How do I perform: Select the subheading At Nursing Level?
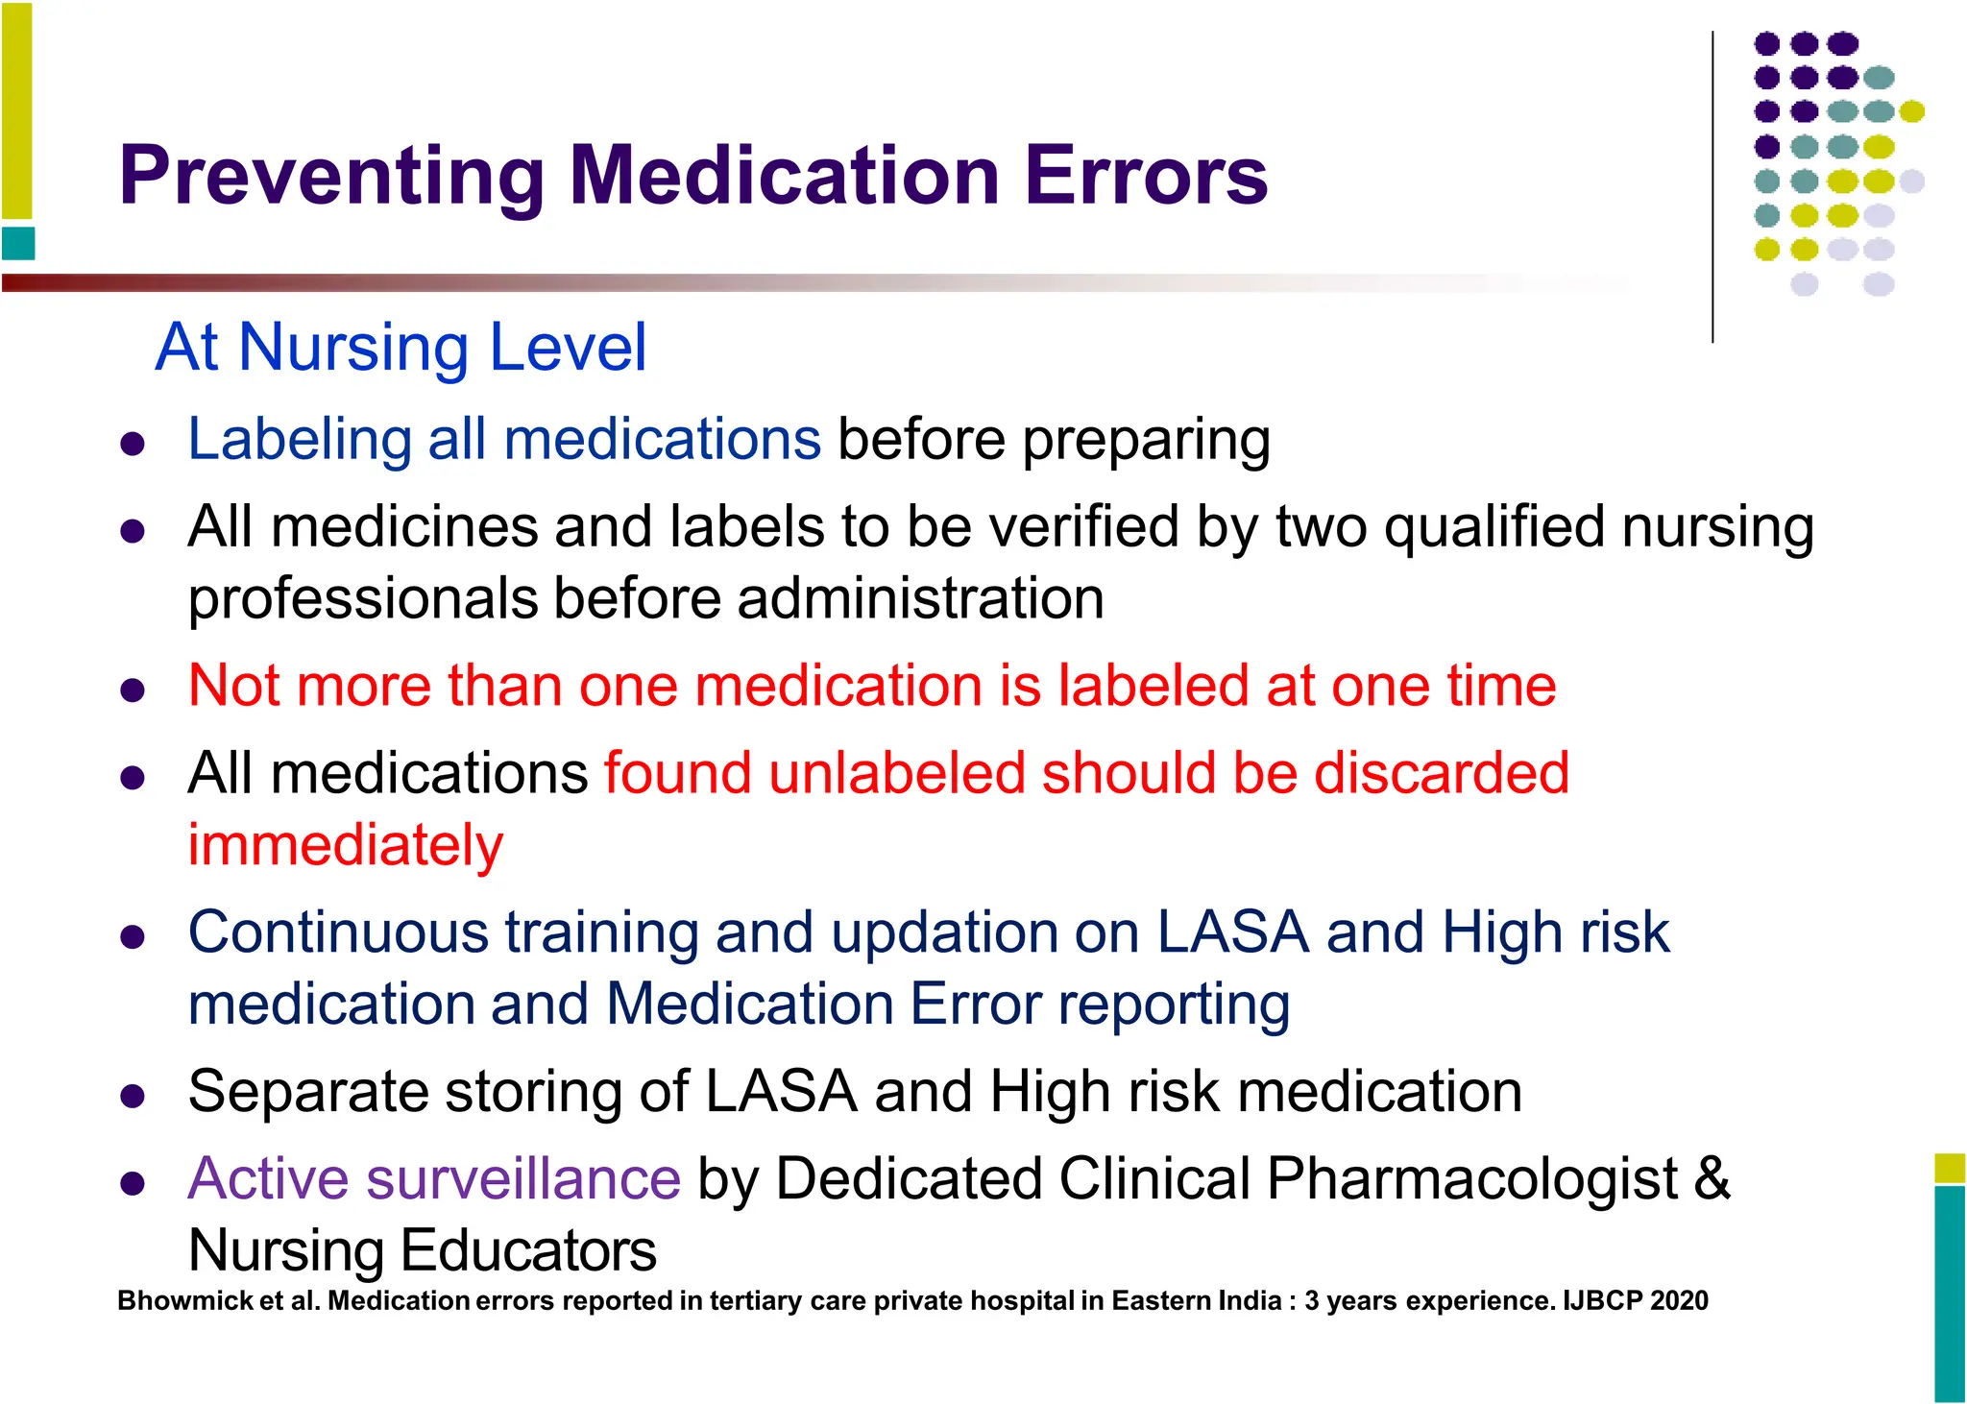click(401, 347)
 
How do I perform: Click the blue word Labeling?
click(299, 440)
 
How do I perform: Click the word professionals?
click(362, 599)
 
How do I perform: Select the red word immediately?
click(345, 846)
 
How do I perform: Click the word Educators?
click(527, 1250)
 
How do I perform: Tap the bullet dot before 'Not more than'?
click(133, 690)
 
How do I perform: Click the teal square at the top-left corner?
click(18, 244)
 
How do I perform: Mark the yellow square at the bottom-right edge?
click(1950, 1168)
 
